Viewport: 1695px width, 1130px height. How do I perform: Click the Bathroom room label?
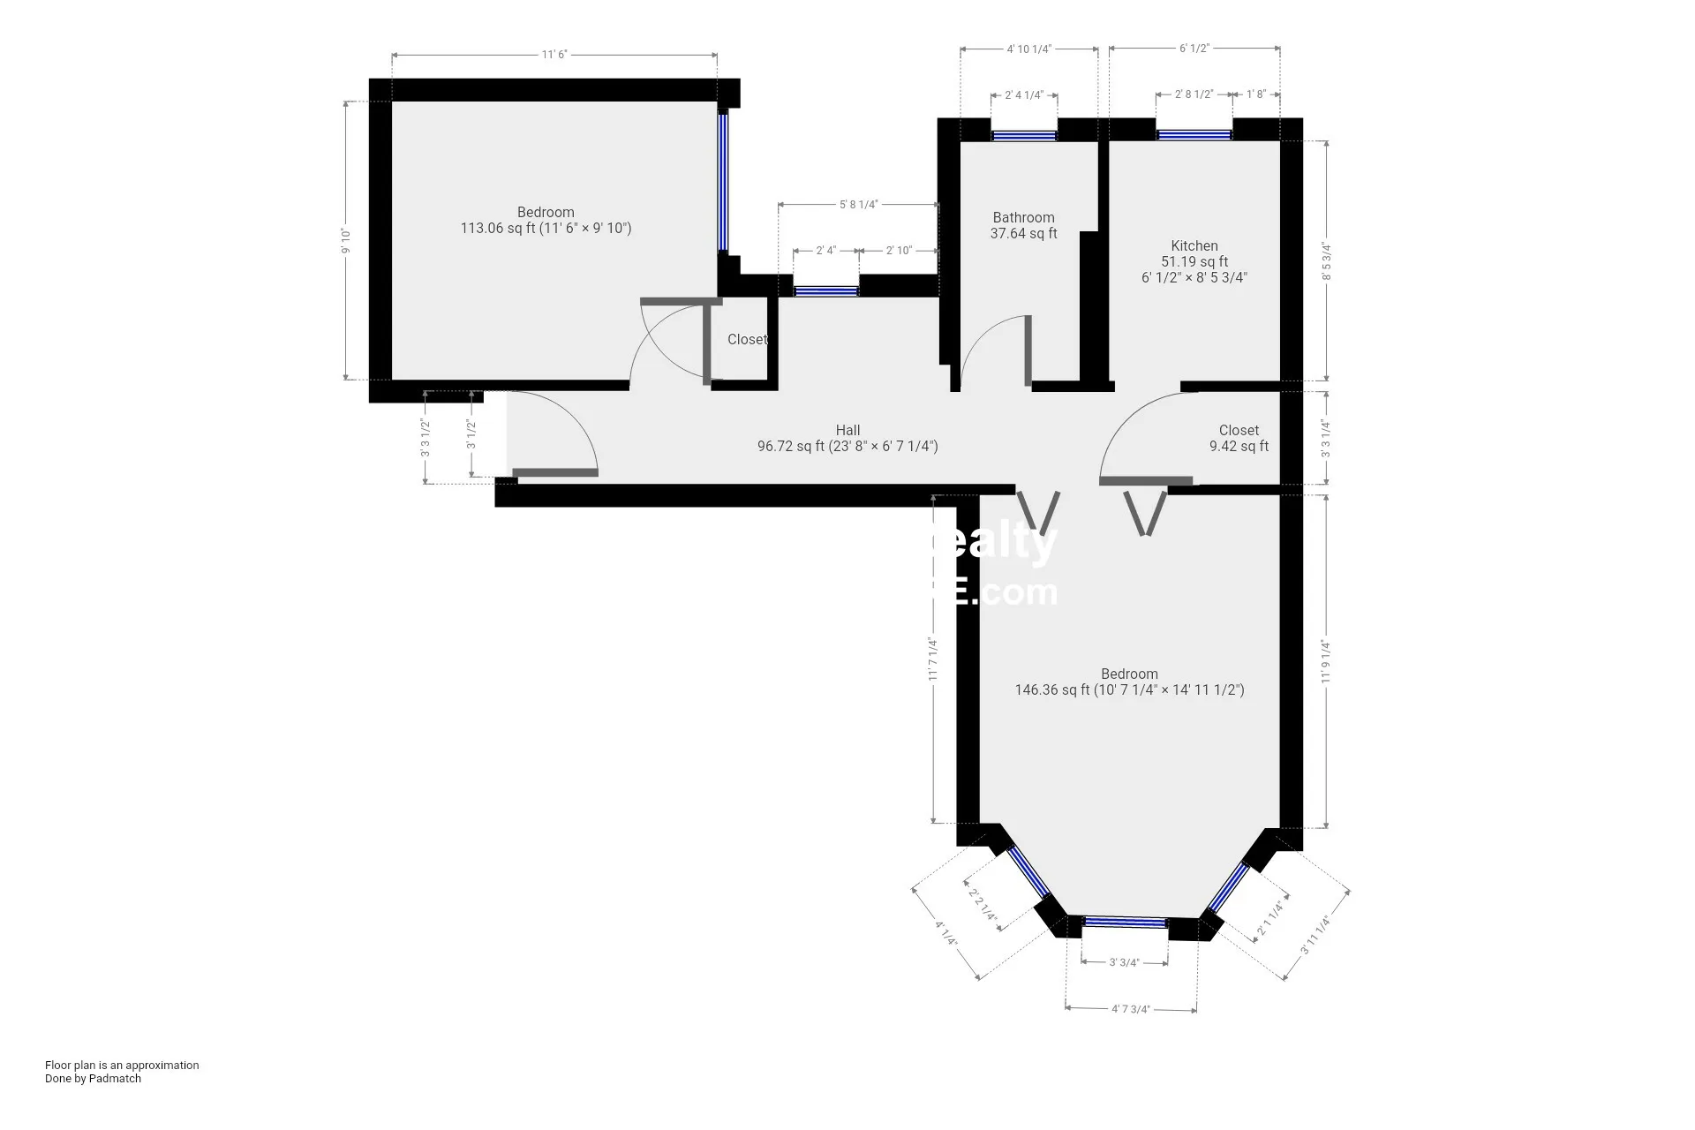click(x=1023, y=217)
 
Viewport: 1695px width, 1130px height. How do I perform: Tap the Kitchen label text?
click(x=1194, y=245)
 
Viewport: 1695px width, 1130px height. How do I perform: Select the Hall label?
click(x=847, y=431)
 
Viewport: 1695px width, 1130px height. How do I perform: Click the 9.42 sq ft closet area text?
click(x=1239, y=447)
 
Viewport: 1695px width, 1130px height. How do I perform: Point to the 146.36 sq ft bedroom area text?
click(x=1129, y=690)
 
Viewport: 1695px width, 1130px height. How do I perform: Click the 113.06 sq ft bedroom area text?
click(x=546, y=228)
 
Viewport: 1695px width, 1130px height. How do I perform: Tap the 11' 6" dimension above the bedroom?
click(x=554, y=55)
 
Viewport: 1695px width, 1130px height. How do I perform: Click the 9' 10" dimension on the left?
click(x=346, y=241)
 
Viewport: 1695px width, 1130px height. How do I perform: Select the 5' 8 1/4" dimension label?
click(x=858, y=205)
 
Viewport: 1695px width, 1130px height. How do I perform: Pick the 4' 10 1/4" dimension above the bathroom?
click(x=1028, y=49)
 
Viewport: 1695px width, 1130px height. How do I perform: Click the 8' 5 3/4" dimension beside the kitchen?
click(x=1326, y=262)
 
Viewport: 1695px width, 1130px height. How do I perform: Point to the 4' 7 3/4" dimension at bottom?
click(x=1131, y=1009)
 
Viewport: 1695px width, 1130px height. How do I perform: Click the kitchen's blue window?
click(x=1194, y=135)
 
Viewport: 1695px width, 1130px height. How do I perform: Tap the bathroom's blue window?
click(x=1023, y=136)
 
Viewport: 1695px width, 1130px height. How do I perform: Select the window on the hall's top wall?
click(x=825, y=290)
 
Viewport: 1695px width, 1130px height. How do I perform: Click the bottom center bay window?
click(x=1125, y=923)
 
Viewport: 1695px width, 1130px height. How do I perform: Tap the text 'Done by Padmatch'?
click(x=93, y=1078)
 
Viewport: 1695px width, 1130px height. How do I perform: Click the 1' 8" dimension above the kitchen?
click(x=1256, y=94)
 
